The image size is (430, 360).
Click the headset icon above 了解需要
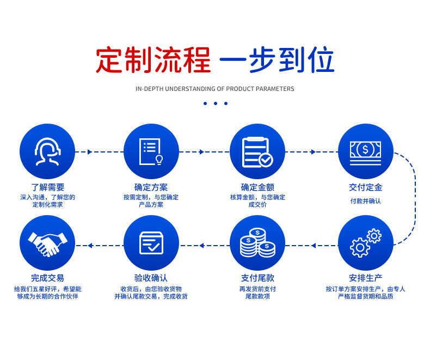point(47,151)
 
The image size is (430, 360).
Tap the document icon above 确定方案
point(151,151)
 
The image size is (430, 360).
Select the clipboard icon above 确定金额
point(257,151)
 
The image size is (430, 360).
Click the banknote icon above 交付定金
point(365,151)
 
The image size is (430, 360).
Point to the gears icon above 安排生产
point(365,243)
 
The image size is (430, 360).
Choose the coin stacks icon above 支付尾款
point(257,243)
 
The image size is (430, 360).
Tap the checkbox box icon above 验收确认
point(151,243)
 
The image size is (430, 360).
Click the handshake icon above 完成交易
point(47,243)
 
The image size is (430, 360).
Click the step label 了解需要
point(47,187)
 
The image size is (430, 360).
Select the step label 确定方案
point(151,187)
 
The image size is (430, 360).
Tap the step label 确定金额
point(257,187)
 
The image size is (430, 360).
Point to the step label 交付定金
point(365,187)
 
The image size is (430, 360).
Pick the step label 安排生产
point(365,278)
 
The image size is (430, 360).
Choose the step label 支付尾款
point(257,278)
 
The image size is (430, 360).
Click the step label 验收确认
point(151,278)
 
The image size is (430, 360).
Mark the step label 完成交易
point(47,278)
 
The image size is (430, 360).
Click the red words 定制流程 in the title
point(153,60)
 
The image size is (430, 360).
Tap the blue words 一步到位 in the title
point(277,60)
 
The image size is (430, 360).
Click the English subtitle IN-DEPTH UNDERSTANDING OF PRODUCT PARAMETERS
point(214,89)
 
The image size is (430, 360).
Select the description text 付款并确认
point(365,201)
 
